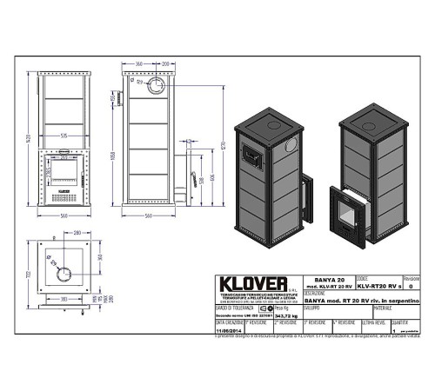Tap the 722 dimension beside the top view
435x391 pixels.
click(x=27, y=275)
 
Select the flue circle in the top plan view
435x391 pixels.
click(x=66, y=275)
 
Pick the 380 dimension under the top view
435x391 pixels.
click(x=65, y=298)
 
